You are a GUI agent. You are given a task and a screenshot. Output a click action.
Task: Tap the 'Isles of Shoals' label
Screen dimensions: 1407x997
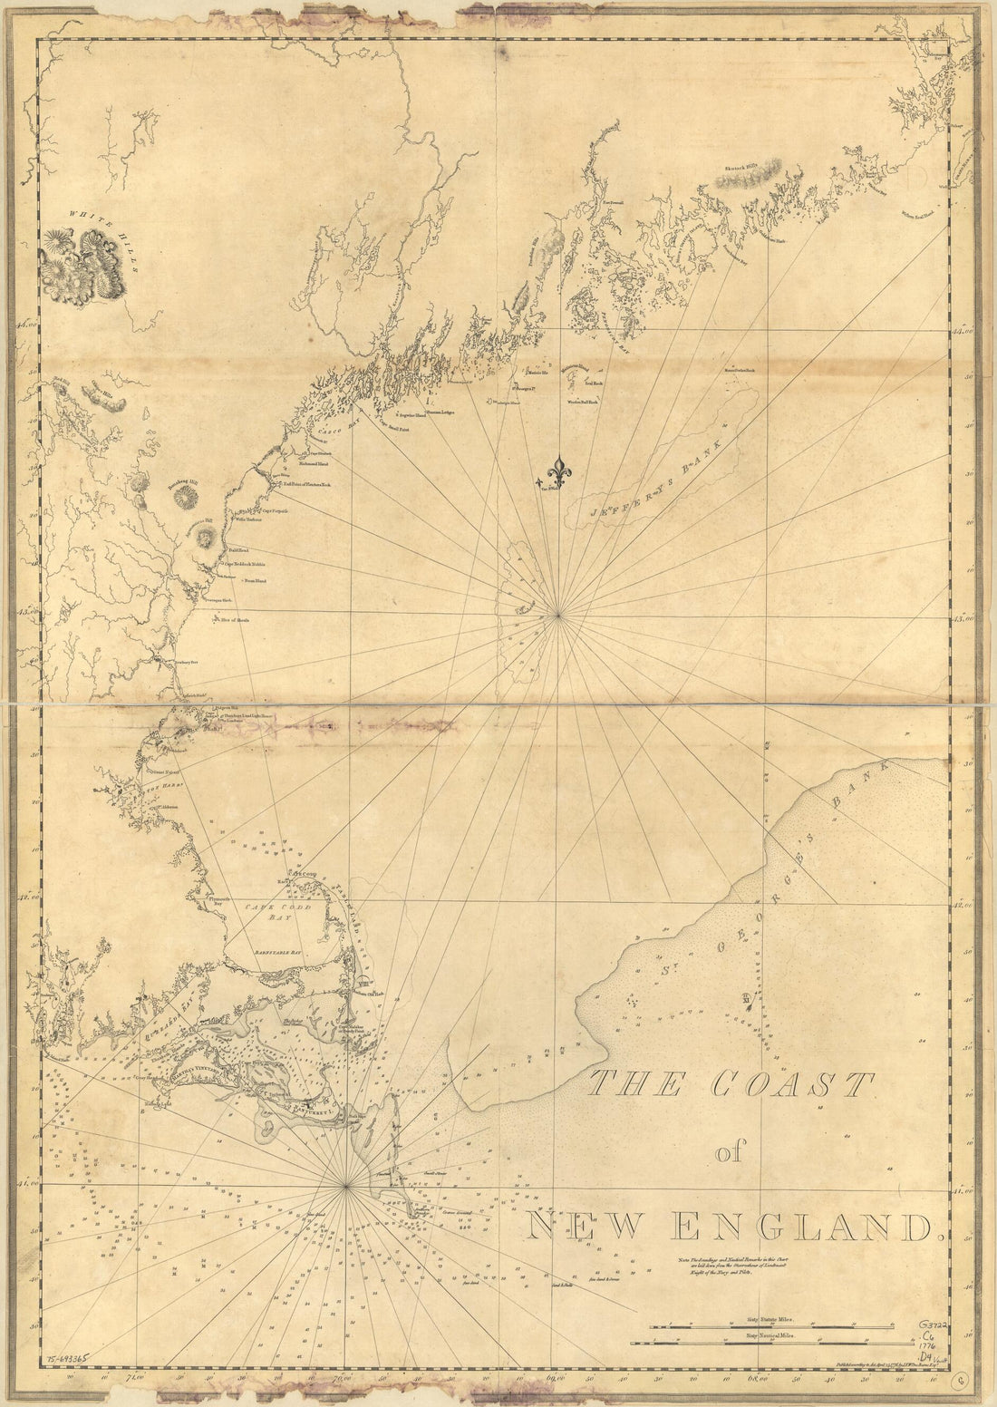tap(231, 621)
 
